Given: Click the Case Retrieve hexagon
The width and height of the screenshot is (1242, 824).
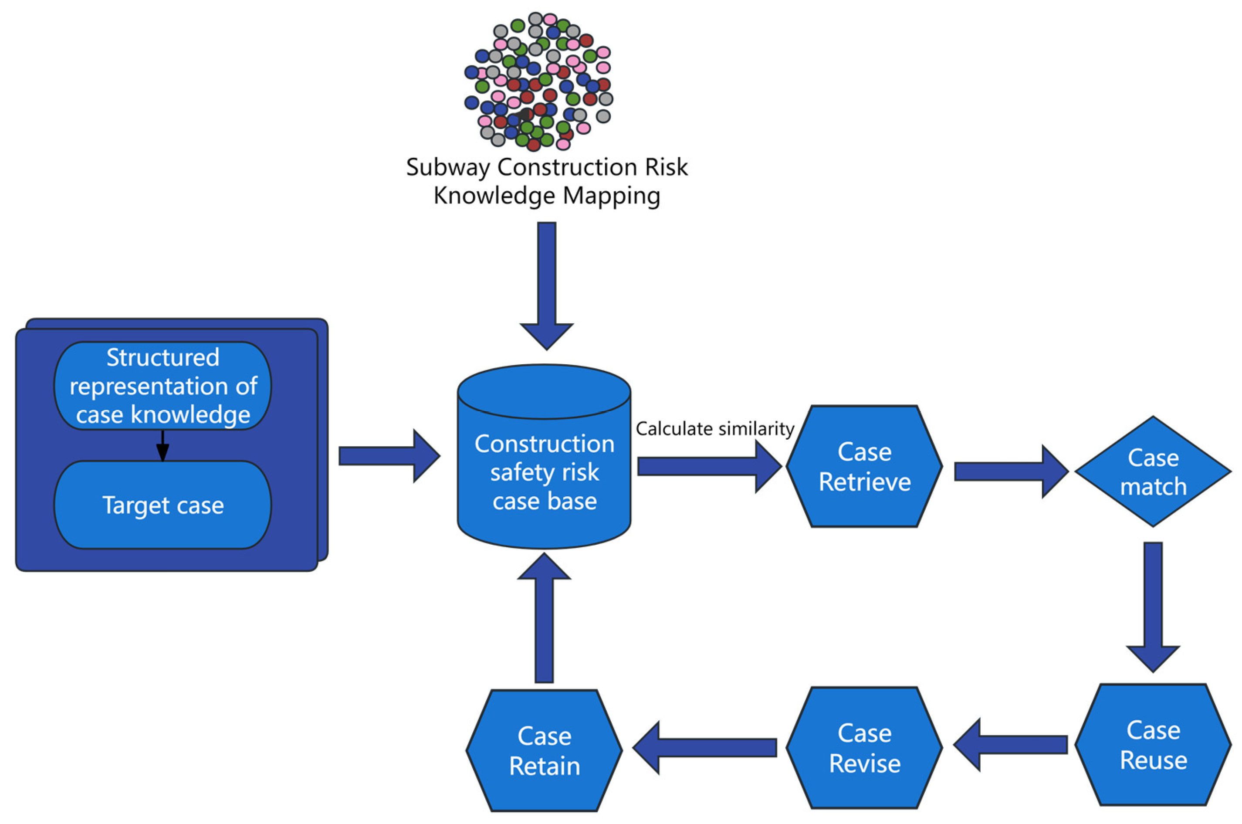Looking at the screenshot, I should (x=864, y=466).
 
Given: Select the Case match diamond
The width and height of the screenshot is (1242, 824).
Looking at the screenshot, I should (x=1153, y=471).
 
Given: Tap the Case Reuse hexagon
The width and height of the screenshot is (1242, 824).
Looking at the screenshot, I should (x=1153, y=745).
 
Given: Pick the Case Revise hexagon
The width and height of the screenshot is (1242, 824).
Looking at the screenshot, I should (x=864, y=747).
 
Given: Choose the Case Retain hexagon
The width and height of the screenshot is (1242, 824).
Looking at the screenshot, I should (x=544, y=750).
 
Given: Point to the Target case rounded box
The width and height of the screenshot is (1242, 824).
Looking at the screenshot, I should (x=163, y=505).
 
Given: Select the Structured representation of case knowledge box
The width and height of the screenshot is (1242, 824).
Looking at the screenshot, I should (x=163, y=386).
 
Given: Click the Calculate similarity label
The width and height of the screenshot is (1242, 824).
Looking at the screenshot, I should (x=714, y=429).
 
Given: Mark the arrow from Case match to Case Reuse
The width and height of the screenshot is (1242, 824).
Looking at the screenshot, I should (x=1153, y=604).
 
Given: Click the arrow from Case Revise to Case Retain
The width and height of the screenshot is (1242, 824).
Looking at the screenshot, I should (x=704, y=747).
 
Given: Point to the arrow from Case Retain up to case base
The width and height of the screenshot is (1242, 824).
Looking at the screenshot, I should (x=544, y=620).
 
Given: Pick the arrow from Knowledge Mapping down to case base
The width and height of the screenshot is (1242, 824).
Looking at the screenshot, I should (x=546, y=284).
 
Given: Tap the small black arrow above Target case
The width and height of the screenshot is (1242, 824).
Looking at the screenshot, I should (x=163, y=446).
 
